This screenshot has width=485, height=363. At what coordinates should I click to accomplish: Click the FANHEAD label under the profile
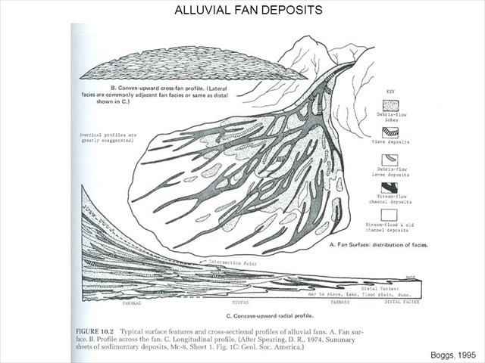pos(133,302)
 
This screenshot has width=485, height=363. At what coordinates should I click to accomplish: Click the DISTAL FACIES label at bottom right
pos(400,302)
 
